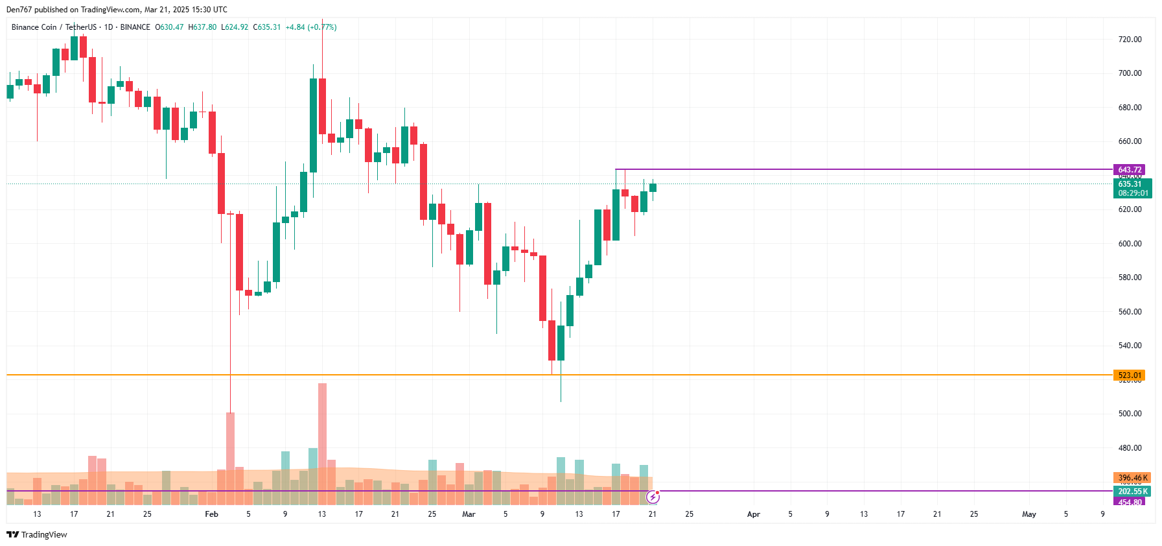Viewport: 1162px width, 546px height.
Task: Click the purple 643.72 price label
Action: tap(1129, 170)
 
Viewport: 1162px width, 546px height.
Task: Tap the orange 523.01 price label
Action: tap(1129, 375)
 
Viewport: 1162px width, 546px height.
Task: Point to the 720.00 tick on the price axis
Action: tap(1130, 40)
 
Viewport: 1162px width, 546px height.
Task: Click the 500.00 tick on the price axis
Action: tap(1130, 414)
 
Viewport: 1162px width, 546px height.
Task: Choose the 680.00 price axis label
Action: tap(1130, 108)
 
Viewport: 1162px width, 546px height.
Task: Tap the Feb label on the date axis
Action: tap(211, 514)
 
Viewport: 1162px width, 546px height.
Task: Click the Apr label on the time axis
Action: tap(753, 514)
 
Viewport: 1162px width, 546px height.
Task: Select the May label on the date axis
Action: tap(1028, 514)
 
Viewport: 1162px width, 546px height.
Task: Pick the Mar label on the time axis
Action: tap(469, 514)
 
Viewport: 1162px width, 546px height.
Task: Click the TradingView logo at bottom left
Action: tap(37, 535)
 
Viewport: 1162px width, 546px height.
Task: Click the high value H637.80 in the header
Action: tap(202, 27)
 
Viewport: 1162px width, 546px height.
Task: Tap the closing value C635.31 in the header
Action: tap(267, 27)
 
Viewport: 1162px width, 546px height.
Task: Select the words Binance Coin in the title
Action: tap(34, 27)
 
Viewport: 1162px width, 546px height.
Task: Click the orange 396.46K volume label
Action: tap(1132, 478)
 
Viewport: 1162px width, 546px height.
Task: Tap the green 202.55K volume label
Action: tap(1132, 492)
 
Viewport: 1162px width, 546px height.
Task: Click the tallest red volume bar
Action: tap(322, 444)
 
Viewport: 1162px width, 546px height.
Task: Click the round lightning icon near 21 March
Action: tap(653, 497)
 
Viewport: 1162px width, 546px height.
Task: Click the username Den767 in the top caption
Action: tap(18, 10)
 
